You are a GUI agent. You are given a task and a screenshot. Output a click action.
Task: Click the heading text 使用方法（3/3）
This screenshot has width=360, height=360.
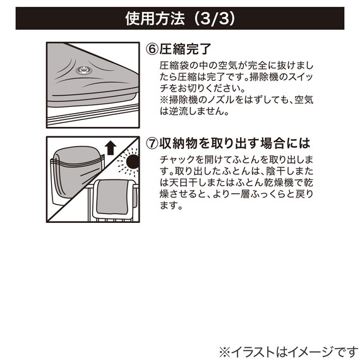[180, 19]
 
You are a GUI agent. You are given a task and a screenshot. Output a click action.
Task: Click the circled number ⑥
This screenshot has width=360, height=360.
[152, 47]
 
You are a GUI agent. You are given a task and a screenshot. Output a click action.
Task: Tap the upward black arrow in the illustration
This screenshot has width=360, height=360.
[111, 148]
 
